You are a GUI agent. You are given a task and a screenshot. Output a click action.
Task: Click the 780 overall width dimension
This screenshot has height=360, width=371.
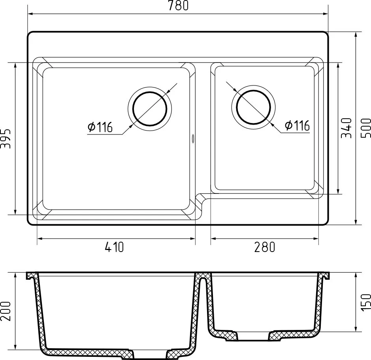[179, 5]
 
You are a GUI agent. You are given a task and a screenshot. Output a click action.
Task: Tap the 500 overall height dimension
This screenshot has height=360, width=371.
[365, 128]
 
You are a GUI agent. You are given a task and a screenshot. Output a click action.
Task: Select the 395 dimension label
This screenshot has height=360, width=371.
[6, 138]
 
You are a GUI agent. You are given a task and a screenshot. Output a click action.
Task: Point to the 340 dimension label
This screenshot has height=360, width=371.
[347, 128]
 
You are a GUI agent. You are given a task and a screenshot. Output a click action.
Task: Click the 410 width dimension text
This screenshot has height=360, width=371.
[114, 247]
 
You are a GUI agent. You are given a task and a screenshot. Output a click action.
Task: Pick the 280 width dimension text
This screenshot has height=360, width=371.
[265, 247]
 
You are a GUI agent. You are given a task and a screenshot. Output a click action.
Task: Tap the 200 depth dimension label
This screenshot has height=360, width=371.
[6, 311]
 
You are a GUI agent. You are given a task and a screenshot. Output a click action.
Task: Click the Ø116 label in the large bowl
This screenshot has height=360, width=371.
[100, 127]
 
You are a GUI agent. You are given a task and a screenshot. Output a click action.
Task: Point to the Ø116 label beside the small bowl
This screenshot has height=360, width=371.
[297, 125]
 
